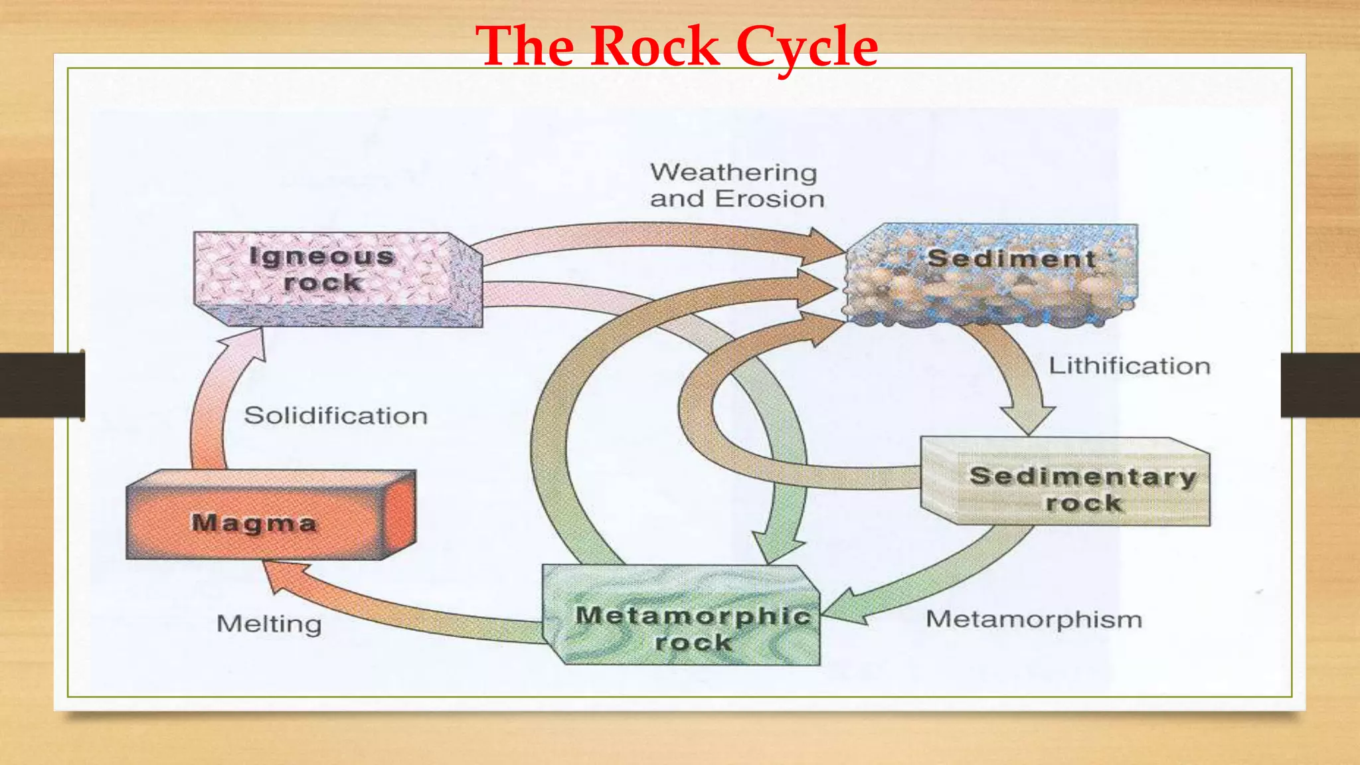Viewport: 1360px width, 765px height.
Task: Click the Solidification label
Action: point(335,416)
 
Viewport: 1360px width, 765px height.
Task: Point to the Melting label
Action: point(269,624)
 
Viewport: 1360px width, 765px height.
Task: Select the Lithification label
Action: point(1129,367)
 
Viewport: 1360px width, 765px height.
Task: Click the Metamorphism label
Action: point(1033,620)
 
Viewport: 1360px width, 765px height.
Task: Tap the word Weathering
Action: point(733,173)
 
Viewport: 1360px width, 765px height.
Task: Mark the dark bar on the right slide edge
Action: point(1319,385)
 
